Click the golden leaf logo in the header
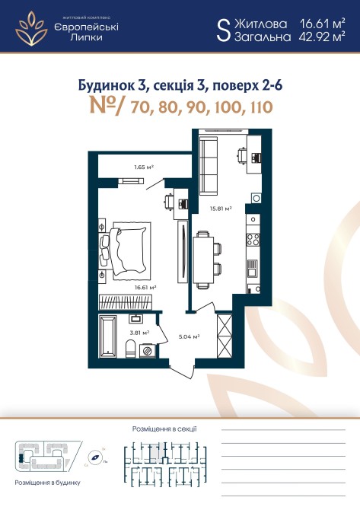[x=31, y=28]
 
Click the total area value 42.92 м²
[x=322, y=37]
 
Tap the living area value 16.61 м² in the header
[x=322, y=24]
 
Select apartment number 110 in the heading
[x=261, y=107]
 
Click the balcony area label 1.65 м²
[x=144, y=167]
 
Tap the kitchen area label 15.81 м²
[x=221, y=209]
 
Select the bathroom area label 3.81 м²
[x=139, y=333]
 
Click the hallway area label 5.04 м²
[x=189, y=336]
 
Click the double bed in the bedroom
[x=128, y=250]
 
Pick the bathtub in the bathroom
[x=107, y=336]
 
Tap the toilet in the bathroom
[x=131, y=349]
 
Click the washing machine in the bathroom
[x=148, y=351]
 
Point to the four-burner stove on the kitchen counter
[x=253, y=240]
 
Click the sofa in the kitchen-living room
[x=209, y=166]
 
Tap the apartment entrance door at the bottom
[x=181, y=371]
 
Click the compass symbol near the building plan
[x=96, y=457]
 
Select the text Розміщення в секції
[x=164, y=429]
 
